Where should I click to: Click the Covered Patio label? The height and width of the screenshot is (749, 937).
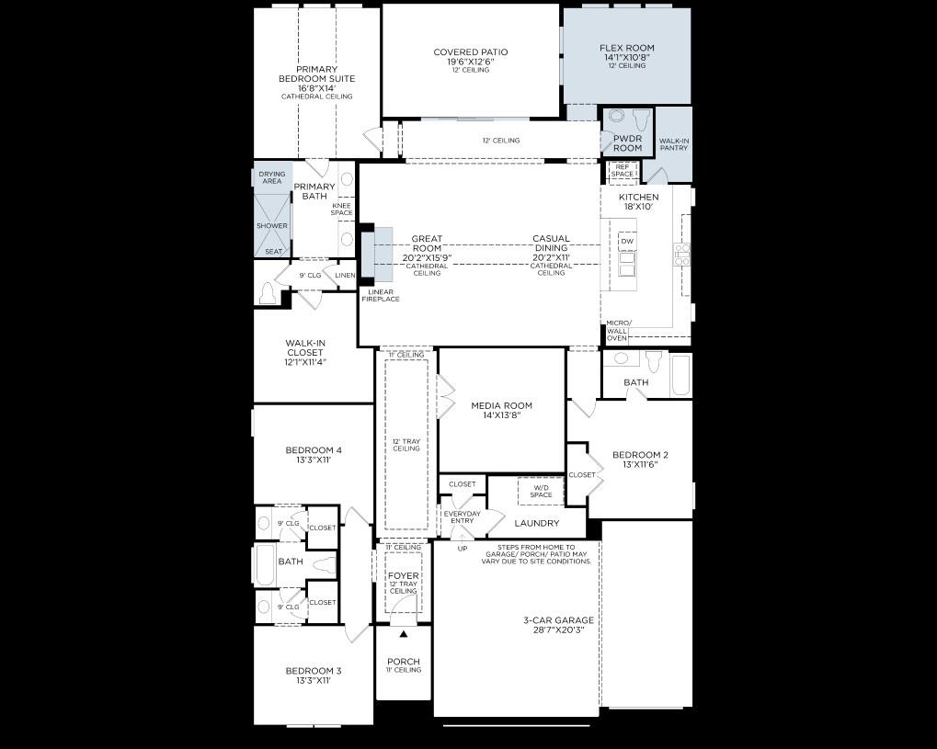(x=470, y=52)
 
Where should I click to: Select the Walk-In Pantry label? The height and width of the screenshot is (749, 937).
(x=674, y=144)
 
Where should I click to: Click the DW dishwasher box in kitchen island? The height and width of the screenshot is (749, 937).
(x=627, y=243)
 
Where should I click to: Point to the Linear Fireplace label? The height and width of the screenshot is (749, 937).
(x=380, y=296)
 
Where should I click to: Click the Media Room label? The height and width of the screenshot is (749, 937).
(x=501, y=405)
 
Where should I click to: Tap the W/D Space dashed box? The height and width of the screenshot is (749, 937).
(x=541, y=492)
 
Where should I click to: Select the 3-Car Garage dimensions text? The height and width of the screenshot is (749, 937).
(x=557, y=630)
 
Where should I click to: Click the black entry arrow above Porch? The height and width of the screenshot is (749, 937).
(x=403, y=634)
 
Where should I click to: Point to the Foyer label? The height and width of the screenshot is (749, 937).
(x=404, y=576)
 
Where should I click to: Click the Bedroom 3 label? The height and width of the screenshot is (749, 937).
(x=313, y=671)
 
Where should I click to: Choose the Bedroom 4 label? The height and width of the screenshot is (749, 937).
(x=314, y=450)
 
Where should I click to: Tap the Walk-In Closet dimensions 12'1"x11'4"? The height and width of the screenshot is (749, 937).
(x=304, y=362)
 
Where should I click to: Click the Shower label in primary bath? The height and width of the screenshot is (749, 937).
(x=272, y=226)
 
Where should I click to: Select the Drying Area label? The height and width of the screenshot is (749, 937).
(x=272, y=177)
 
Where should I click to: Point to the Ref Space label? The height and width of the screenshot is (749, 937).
(x=623, y=170)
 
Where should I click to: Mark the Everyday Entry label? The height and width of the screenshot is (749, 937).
(x=462, y=517)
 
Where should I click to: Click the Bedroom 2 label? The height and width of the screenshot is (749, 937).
(x=640, y=455)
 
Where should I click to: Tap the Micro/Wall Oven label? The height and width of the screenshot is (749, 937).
(x=617, y=331)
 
